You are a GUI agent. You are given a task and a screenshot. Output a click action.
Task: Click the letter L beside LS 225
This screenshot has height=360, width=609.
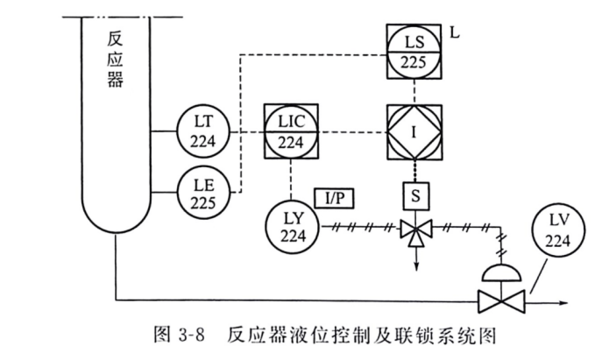(455, 33)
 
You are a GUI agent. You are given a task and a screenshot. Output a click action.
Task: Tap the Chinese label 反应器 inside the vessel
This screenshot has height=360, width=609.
(114, 61)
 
